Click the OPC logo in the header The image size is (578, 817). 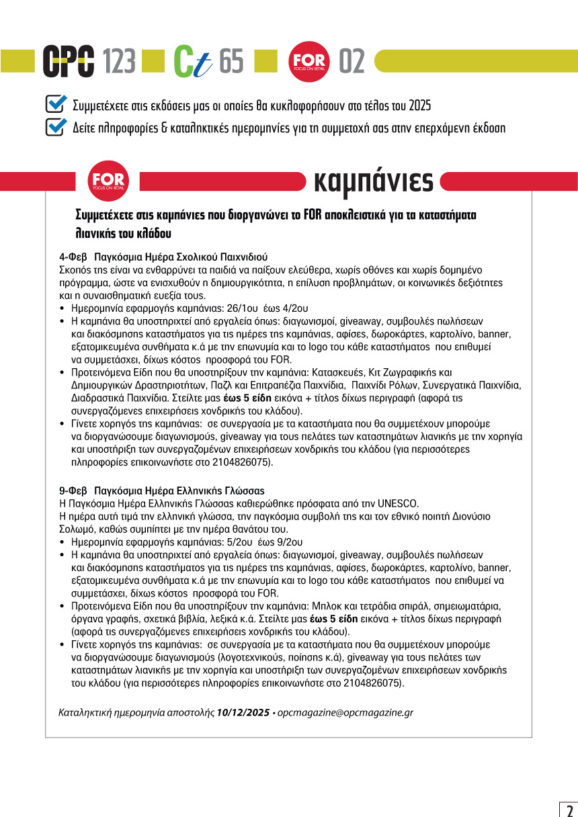(69, 62)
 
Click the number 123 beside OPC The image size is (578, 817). (120, 62)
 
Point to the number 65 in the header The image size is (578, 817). (231, 62)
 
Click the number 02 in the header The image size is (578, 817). (352, 62)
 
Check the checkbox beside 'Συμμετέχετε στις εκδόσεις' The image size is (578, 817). (55, 104)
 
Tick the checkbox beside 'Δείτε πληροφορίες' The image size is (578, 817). (55, 126)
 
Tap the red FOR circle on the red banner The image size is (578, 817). (108, 181)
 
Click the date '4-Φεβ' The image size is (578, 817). (72, 257)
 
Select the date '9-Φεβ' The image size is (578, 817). (72, 490)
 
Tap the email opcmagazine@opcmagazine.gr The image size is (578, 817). (345, 712)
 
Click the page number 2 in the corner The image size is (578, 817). (568, 808)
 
